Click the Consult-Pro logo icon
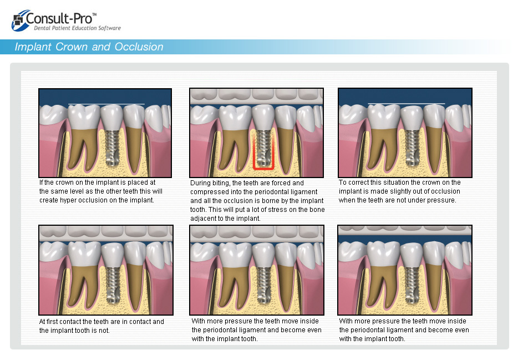click(x=19, y=21)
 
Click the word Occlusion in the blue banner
click(x=139, y=47)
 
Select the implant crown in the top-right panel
click(x=412, y=118)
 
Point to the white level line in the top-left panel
click(x=106, y=104)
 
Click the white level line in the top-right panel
click(x=407, y=104)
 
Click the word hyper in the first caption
click(x=68, y=200)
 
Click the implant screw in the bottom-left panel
click(x=113, y=285)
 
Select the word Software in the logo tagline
click(x=109, y=28)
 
